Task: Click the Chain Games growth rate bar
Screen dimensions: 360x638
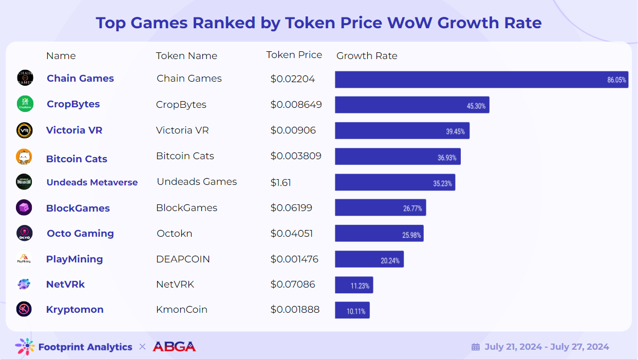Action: click(481, 80)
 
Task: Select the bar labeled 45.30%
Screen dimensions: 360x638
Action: click(411, 105)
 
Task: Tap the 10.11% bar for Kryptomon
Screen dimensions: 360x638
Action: click(352, 310)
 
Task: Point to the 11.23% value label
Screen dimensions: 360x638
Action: click(360, 286)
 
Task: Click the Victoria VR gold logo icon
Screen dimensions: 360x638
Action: click(25, 130)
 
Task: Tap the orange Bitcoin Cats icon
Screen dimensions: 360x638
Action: click(24, 157)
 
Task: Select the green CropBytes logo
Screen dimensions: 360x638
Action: click(25, 104)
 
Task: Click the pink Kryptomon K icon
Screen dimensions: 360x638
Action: click(24, 309)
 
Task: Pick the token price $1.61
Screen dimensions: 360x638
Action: click(281, 182)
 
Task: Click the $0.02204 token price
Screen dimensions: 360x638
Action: click(293, 79)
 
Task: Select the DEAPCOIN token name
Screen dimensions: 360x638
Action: click(183, 259)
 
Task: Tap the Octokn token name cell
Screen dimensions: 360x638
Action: click(174, 233)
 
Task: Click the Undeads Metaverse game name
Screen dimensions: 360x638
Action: click(92, 182)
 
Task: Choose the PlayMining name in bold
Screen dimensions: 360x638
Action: click(74, 259)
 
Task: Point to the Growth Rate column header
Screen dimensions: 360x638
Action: click(367, 56)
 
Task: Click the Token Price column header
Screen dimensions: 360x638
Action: click(294, 55)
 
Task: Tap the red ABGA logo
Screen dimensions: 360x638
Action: click(174, 347)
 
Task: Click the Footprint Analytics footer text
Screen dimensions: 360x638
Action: click(85, 347)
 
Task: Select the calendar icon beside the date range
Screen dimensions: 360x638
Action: click(476, 347)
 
